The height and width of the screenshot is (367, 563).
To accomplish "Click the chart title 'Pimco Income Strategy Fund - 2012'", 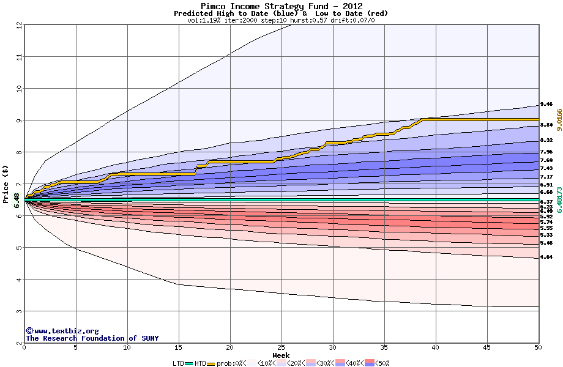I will [x=281, y=6].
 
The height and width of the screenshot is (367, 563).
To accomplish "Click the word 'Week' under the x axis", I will [x=281, y=355].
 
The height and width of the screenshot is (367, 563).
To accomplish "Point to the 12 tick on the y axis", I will [x=18, y=25].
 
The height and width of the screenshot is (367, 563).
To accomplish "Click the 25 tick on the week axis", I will [x=281, y=347].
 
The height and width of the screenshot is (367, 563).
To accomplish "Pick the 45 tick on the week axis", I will [x=487, y=347].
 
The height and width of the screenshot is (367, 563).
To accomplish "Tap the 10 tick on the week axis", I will [x=127, y=347].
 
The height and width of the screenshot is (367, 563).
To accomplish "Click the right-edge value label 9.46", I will [x=546, y=105].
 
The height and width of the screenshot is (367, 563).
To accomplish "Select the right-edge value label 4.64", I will [x=546, y=257].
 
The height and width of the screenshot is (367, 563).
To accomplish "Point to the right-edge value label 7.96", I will [x=546, y=152].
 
